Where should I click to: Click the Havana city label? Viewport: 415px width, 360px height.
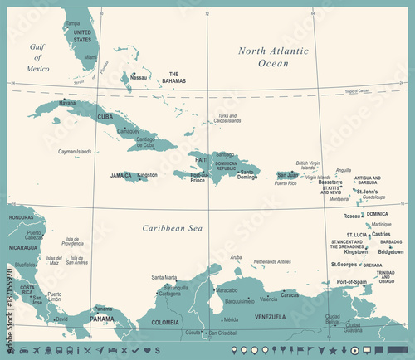tap(68, 103)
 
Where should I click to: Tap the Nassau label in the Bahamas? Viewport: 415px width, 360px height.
tap(139, 78)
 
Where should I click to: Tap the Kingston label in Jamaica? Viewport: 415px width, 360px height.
tap(147, 175)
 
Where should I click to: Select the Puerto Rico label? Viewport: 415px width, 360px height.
tap(286, 183)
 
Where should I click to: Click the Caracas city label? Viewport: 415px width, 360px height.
tap(290, 294)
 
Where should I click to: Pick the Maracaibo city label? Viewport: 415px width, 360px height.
tap(227, 291)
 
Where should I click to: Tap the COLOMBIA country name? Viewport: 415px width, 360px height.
tap(164, 322)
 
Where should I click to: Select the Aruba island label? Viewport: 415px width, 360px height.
tap(236, 258)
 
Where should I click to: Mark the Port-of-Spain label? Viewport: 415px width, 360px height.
tap(351, 282)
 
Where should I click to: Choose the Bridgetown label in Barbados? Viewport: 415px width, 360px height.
tap(390, 251)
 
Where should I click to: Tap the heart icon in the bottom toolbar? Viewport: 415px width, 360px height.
tap(134, 349)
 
